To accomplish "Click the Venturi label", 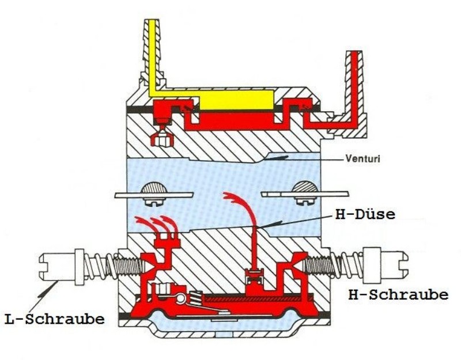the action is coord(362,159).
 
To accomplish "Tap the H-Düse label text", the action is coord(365,214).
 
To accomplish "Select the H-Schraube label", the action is coord(398,295).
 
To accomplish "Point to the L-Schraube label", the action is coord(55,319).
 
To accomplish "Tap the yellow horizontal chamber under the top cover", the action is coord(237,100).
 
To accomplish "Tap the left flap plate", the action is coord(154,195).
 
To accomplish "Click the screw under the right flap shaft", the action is coord(306,200).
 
